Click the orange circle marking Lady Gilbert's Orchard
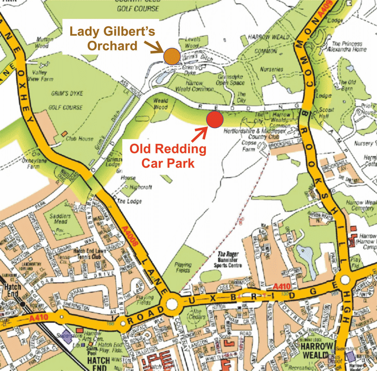tap(171, 56)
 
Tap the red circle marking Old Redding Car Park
tap(215, 120)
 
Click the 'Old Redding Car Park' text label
tap(168, 156)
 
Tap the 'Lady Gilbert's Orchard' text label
tap(103, 38)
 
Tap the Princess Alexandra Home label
tap(348, 46)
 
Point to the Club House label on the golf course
tap(79, 139)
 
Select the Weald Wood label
tap(160, 104)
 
